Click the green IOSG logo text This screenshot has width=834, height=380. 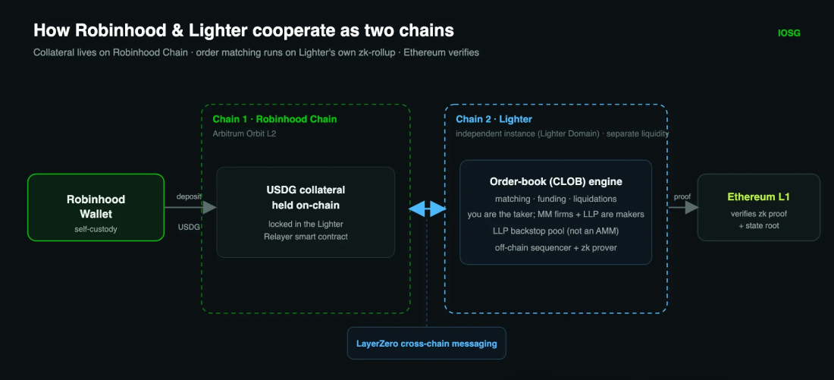789,33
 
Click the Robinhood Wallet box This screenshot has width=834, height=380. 96,207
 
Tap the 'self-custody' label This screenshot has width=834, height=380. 96,229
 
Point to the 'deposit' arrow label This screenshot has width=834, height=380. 190,196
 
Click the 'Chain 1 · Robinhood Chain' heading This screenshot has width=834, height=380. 275,119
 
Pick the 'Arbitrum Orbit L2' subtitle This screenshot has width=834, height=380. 245,134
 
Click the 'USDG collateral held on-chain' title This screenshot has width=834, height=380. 306,196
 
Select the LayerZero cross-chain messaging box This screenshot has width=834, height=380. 427,344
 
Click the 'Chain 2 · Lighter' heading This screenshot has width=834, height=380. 494,119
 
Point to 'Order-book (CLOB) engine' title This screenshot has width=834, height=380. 556,182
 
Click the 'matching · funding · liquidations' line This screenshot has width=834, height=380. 556,199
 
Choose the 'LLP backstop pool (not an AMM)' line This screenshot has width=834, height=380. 556,231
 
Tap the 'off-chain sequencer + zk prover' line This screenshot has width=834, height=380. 556,247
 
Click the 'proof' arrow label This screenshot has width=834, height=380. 682,196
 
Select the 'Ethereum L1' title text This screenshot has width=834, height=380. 758,197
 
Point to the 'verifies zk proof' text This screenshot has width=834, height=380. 758,214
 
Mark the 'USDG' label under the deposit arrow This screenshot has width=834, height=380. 190,228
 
